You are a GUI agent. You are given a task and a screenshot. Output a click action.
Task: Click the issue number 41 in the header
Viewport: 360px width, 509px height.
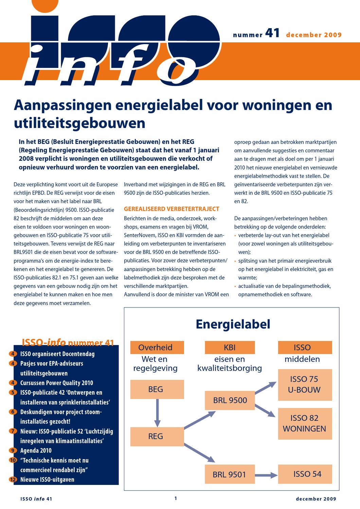[x=272, y=33]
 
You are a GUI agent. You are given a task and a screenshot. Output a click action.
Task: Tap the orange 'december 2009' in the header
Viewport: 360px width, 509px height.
[x=314, y=35]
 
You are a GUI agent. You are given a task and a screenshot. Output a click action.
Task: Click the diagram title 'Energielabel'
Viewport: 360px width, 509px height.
[x=233, y=324]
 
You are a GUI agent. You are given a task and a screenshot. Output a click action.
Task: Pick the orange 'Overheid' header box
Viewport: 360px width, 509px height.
[x=155, y=347]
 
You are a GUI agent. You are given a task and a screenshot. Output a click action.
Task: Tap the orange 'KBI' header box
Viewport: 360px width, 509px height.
[x=230, y=347]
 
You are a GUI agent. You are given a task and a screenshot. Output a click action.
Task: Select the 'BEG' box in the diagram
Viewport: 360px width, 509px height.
[x=156, y=389]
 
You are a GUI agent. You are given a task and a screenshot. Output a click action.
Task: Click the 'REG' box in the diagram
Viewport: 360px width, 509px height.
[x=156, y=436]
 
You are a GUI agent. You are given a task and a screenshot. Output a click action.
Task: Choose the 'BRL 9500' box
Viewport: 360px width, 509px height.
[x=230, y=400]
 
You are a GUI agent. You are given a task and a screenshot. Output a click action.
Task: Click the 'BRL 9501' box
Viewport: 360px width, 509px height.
[x=229, y=474]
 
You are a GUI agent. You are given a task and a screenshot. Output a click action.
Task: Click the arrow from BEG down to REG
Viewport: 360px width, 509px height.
[x=157, y=413]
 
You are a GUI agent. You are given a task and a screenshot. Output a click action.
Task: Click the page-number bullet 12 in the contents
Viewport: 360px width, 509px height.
[x=13, y=480]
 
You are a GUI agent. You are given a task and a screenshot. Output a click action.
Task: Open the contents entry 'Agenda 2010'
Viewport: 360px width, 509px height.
[x=36, y=451]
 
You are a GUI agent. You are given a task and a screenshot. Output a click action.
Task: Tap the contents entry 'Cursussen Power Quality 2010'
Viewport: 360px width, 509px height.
[x=56, y=383]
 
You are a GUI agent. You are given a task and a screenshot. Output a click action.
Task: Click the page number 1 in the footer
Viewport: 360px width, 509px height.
[x=176, y=498]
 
